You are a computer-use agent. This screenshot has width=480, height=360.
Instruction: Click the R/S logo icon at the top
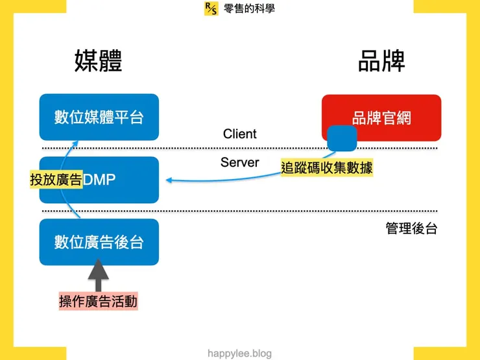click(x=211, y=8)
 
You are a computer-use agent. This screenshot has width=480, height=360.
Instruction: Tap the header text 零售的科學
click(x=249, y=8)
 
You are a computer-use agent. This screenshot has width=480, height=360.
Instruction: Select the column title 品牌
click(x=381, y=62)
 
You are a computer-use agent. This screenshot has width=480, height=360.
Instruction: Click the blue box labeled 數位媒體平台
click(x=99, y=117)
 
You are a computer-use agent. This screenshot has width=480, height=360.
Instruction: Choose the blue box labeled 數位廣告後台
click(x=99, y=242)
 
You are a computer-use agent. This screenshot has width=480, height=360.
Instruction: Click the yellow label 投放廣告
click(x=56, y=180)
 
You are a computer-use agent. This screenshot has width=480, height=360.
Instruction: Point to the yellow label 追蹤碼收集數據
click(x=327, y=167)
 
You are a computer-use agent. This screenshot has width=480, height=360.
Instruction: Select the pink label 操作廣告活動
click(x=99, y=302)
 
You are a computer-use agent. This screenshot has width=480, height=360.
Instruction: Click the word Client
click(x=240, y=134)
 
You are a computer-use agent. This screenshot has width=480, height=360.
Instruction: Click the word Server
click(x=240, y=162)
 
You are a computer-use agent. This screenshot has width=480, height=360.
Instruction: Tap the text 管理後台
click(x=411, y=229)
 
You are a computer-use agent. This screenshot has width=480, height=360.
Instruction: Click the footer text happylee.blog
click(x=240, y=354)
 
